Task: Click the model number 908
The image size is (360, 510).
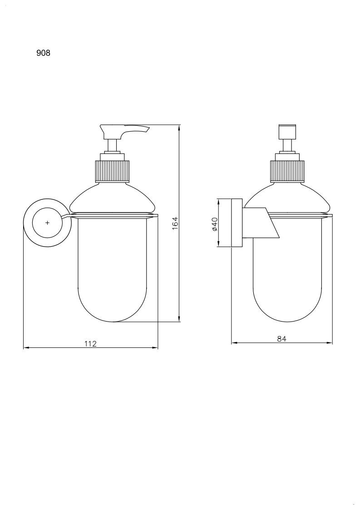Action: point(43,53)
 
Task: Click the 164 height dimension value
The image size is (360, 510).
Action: point(175,223)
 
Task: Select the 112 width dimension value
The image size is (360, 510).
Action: point(90,343)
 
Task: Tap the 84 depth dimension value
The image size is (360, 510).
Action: point(281,339)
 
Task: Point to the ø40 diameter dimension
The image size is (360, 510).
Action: point(214,224)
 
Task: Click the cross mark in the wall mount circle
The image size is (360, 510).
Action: point(48,223)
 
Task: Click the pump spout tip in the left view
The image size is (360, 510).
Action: point(148,129)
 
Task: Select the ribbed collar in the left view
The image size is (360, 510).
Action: point(112,171)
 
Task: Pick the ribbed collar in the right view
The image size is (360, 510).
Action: point(287,171)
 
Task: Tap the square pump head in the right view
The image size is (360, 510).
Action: point(287,132)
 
